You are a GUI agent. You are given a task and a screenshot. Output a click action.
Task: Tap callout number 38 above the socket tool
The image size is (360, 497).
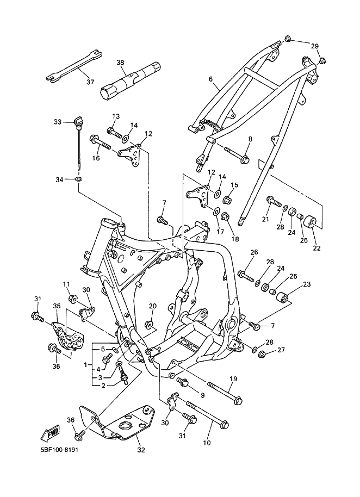(120, 63)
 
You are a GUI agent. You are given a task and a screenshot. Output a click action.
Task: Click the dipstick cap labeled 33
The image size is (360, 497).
(78, 121)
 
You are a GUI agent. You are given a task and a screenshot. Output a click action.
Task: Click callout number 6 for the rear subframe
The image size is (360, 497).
(211, 79)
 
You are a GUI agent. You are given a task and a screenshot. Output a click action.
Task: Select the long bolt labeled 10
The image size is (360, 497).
(208, 414)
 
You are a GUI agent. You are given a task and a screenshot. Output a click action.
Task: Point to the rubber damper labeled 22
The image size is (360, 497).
(309, 221)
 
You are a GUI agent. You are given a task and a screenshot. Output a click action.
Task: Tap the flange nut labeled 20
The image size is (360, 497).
(149, 325)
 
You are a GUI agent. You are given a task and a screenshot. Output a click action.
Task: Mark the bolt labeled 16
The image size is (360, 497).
(100, 142)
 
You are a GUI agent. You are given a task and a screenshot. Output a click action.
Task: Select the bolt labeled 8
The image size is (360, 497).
(237, 154)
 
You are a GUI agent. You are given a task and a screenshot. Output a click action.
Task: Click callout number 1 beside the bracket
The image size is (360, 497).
(85, 365)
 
